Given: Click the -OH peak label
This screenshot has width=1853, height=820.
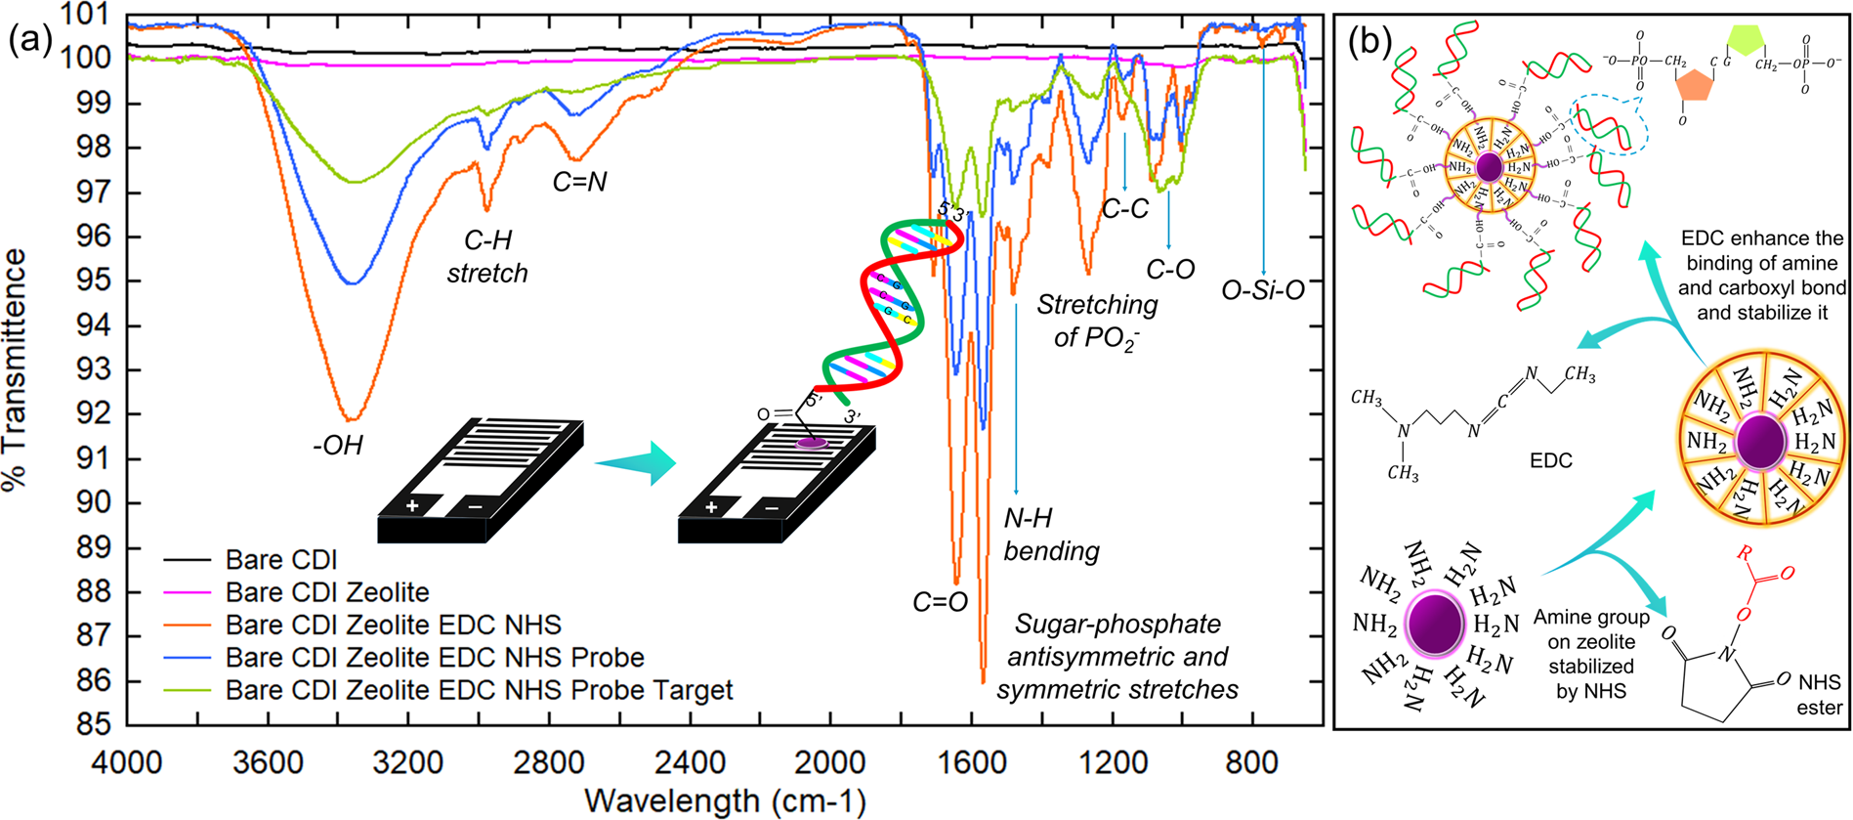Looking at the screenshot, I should pyautogui.click(x=338, y=446).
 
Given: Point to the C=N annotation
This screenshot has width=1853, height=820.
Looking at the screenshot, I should pyautogui.click(x=579, y=182).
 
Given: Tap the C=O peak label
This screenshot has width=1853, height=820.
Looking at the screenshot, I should pyautogui.click(x=940, y=603).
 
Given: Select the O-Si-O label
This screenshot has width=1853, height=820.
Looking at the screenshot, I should pyautogui.click(x=1263, y=290).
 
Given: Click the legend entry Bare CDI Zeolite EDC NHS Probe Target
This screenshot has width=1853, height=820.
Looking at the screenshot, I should pyautogui.click(x=479, y=690).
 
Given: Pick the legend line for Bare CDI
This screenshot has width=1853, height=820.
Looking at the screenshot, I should pyautogui.click(x=188, y=560).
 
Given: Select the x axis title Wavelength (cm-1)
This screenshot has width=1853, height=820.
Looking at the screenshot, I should pyautogui.click(x=725, y=801).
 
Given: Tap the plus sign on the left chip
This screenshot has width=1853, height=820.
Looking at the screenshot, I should pyautogui.click(x=412, y=505).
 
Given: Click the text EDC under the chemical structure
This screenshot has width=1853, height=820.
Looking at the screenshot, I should pyautogui.click(x=1550, y=460).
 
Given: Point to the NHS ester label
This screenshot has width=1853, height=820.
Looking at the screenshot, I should pyautogui.click(x=1819, y=694).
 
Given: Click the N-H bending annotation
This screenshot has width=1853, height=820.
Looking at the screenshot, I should pyautogui.click(x=1051, y=535).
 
